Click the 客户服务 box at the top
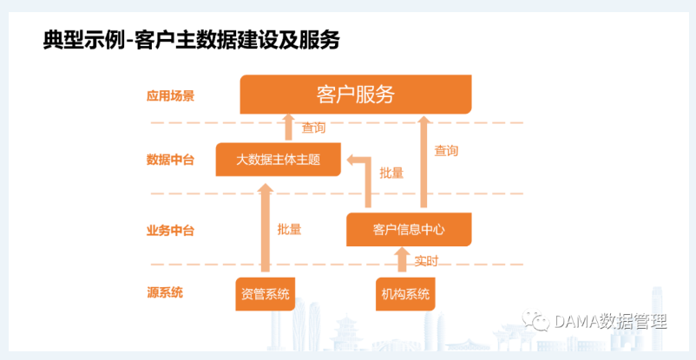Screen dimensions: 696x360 356,94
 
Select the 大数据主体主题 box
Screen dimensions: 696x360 279,160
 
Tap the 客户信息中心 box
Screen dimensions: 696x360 409,230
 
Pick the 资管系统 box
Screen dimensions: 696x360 266,294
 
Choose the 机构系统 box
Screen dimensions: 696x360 405,294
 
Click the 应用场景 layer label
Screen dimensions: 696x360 170,96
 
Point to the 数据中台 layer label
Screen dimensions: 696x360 170,160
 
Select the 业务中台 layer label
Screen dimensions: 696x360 170,231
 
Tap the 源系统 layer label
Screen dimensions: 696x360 165,292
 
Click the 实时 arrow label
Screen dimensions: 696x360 426,261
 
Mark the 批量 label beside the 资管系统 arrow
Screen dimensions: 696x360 289,229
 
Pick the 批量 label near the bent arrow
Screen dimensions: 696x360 391,173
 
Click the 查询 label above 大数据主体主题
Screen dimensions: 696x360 314,128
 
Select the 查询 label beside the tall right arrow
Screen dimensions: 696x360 446,151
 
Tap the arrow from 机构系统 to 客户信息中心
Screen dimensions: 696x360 403,259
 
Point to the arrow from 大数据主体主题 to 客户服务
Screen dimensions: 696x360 289,128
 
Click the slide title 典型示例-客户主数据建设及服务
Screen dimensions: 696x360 191,41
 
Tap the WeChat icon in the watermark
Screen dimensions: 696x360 536,320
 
